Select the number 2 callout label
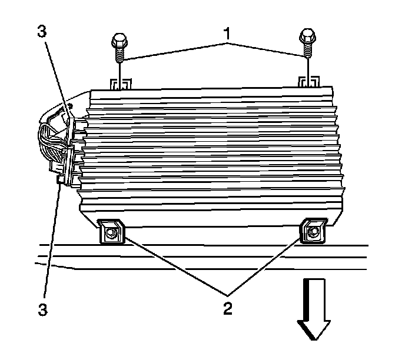pos(227,307)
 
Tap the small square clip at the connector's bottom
pos(61,183)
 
